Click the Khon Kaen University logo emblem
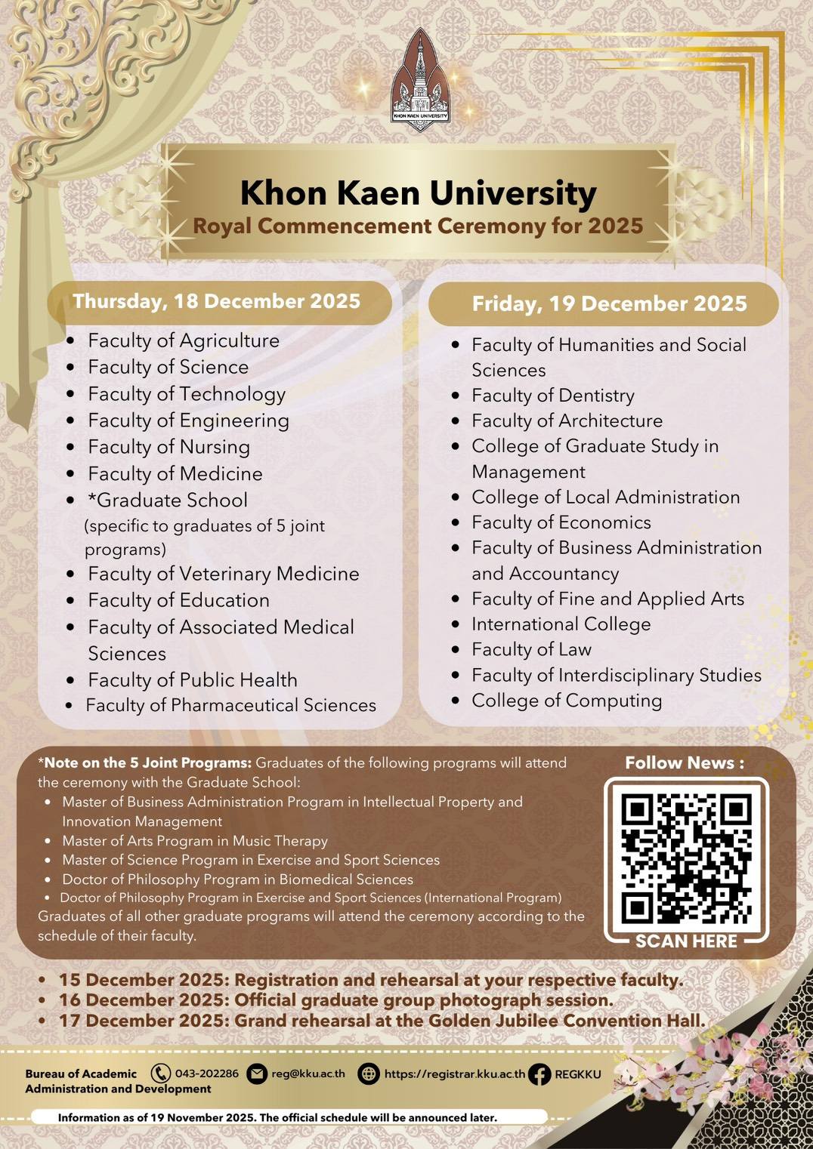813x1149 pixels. click(x=420, y=79)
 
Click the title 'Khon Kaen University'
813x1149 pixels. click(x=418, y=193)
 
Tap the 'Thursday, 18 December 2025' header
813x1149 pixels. click(x=217, y=301)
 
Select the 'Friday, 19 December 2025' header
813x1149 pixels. click(x=609, y=303)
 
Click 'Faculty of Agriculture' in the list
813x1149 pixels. click(x=184, y=340)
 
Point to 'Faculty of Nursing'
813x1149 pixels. click(x=168, y=447)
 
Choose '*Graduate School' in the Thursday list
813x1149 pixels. click(x=172, y=500)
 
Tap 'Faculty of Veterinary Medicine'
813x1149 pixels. click(x=223, y=574)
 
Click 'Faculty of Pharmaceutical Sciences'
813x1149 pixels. click(x=230, y=705)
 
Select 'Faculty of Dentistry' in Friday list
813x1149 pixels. click(x=552, y=396)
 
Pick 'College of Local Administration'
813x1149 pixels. click(x=605, y=497)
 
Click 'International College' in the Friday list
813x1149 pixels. click(x=561, y=624)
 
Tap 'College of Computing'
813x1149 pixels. click(x=567, y=701)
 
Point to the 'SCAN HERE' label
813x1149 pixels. click(x=686, y=941)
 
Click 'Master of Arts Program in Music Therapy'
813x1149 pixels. click(x=195, y=841)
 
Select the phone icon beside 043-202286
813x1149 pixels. click(x=160, y=1074)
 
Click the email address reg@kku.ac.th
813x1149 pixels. click(x=308, y=1074)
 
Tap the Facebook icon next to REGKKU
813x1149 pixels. click(x=539, y=1074)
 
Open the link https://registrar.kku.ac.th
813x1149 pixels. click(x=454, y=1074)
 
